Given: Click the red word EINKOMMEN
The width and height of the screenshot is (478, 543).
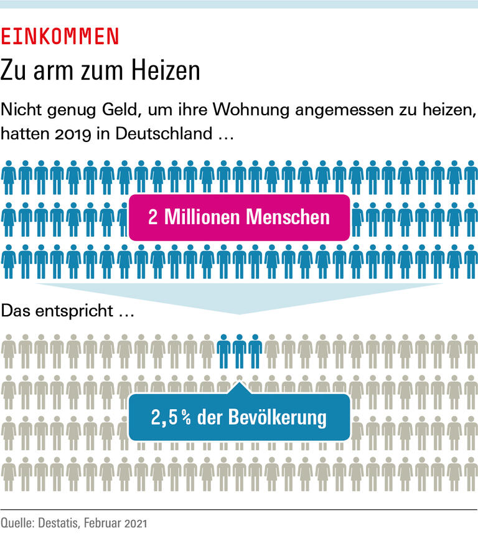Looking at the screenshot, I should click(60, 37).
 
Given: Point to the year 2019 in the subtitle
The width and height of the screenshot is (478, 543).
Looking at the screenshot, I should click(56, 133).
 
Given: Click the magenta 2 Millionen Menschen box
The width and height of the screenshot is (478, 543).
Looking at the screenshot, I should click(239, 217).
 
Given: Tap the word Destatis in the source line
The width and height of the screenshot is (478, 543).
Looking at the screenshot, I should click(57, 524).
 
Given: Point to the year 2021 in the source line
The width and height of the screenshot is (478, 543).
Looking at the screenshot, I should click(135, 524).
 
